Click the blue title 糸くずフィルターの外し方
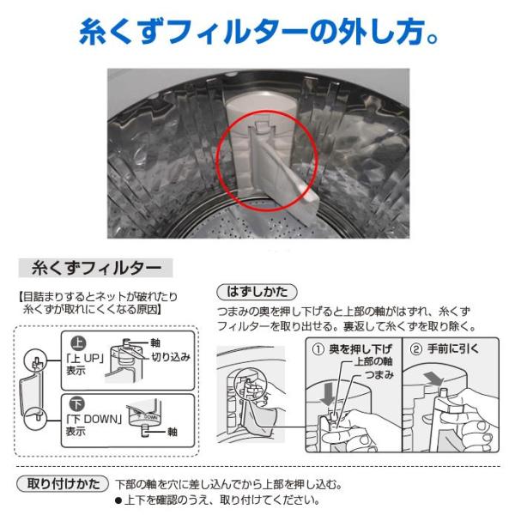(x=258, y=32)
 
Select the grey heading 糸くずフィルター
(x=95, y=268)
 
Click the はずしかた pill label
(x=257, y=292)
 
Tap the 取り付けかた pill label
(x=63, y=484)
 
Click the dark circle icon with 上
(x=78, y=342)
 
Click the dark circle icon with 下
(x=77, y=403)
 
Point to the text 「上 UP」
(x=85, y=358)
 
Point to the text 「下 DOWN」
(x=94, y=419)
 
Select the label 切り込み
(x=171, y=357)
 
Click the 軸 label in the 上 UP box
(x=155, y=342)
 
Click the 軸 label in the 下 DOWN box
(x=173, y=431)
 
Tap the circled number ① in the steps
(x=318, y=348)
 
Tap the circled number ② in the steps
(x=416, y=348)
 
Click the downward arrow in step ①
(x=328, y=392)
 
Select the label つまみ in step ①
(x=379, y=374)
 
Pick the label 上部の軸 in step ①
(x=373, y=361)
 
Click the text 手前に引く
(x=453, y=348)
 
